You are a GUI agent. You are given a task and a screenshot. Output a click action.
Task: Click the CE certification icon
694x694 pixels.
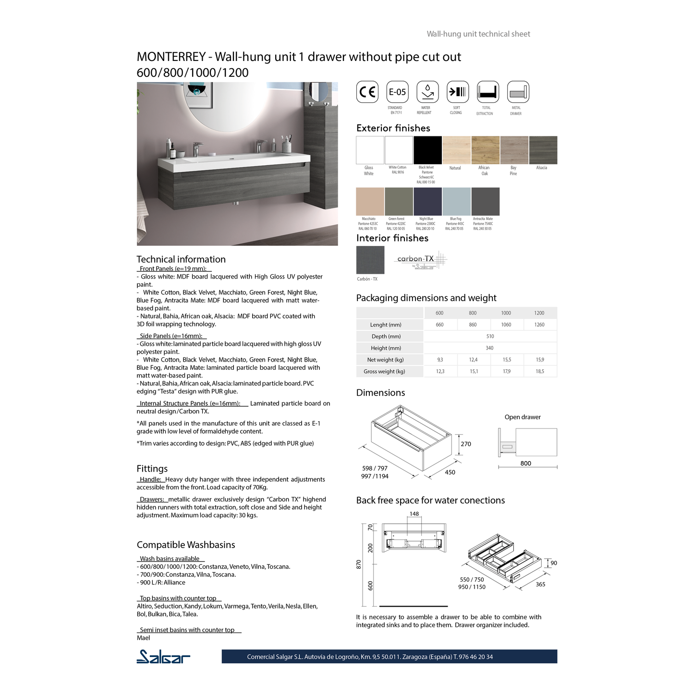click(x=367, y=92)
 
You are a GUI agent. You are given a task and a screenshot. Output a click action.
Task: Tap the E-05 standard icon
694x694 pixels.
click(x=397, y=92)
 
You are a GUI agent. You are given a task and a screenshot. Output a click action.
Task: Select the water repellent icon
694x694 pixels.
click(x=427, y=92)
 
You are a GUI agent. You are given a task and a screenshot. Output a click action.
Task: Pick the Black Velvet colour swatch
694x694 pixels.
click(x=427, y=150)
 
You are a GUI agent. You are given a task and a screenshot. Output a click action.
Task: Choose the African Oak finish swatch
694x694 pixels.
click(x=485, y=150)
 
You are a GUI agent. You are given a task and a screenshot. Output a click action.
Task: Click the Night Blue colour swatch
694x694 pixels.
click(x=427, y=201)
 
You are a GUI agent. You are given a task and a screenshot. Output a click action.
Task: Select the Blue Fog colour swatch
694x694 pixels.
click(x=456, y=201)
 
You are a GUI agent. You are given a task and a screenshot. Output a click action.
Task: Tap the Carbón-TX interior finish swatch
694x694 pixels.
click(x=370, y=260)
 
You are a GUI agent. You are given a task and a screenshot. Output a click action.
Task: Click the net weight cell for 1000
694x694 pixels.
click(x=507, y=360)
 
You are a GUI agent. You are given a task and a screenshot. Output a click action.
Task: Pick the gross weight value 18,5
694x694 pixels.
click(x=540, y=371)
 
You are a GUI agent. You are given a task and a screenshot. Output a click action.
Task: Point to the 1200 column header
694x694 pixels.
click(x=539, y=313)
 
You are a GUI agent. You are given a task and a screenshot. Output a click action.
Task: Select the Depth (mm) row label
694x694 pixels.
click(x=386, y=336)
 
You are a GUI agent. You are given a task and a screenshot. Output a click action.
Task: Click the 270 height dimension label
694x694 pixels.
click(x=466, y=444)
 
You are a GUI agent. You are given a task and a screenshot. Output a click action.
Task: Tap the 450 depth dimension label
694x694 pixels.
click(x=450, y=472)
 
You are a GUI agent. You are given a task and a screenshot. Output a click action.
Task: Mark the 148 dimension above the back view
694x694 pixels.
click(x=414, y=514)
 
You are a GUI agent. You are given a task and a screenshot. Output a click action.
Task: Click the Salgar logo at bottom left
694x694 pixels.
click(x=163, y=657)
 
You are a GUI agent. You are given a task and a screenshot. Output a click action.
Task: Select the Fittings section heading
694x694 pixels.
click(x=152, y=469)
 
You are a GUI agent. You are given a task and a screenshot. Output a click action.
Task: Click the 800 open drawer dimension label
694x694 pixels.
click(x=526, y=463)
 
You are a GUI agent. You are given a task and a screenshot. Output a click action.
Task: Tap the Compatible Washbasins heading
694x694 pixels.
click(x=186, y=545)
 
